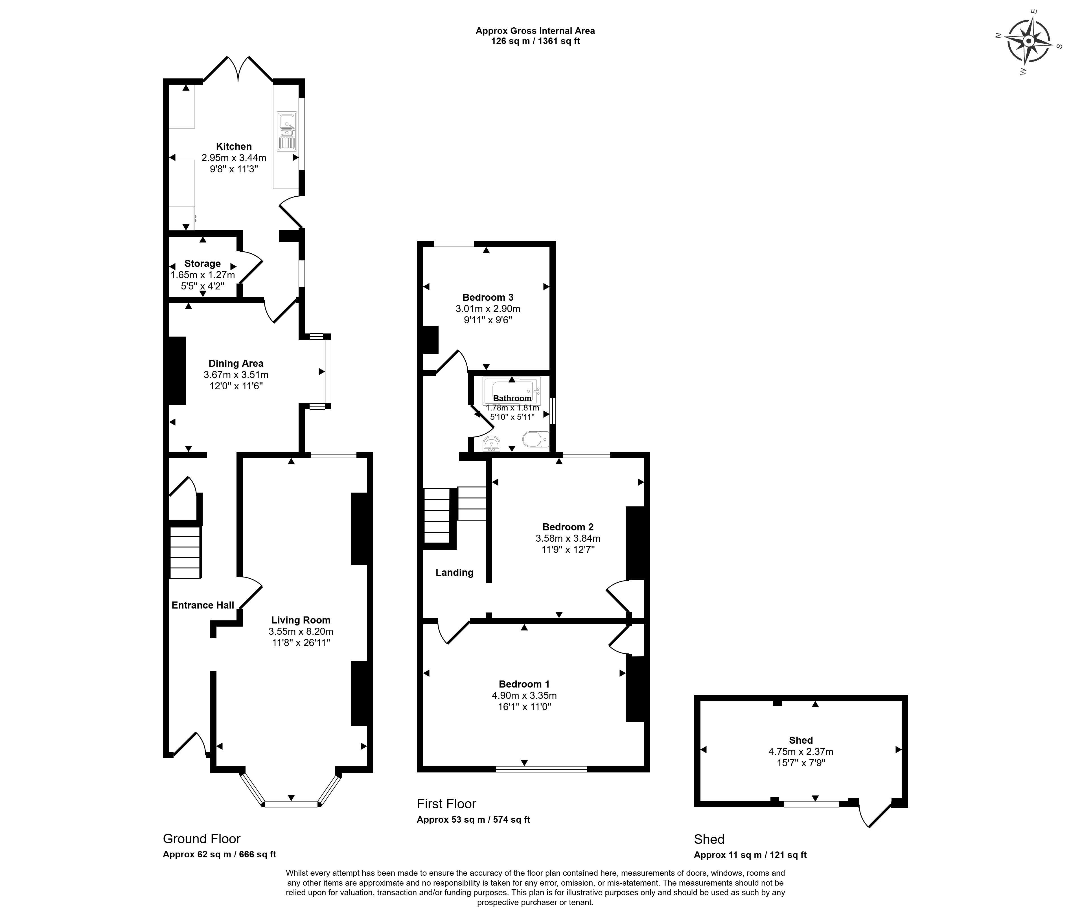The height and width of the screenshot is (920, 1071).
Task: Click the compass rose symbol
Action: (x=1029, y=41)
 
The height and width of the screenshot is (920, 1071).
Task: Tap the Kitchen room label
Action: (x=234, y=146)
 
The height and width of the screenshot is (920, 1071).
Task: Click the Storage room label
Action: (x=203, y=264)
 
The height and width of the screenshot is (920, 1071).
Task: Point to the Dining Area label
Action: (x=236, y=363)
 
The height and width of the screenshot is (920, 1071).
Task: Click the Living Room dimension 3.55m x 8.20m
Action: (x=301, y=632)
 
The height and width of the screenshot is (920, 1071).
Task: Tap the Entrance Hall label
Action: (x=203, y=605)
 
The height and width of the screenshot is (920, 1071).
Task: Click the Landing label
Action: (x=454, y=572)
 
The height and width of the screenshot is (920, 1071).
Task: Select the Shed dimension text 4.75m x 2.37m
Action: (x=801, y=752)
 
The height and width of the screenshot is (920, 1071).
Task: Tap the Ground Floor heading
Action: (x=202, y=838)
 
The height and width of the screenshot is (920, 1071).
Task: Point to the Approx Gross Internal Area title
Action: (x=535, y=31)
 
